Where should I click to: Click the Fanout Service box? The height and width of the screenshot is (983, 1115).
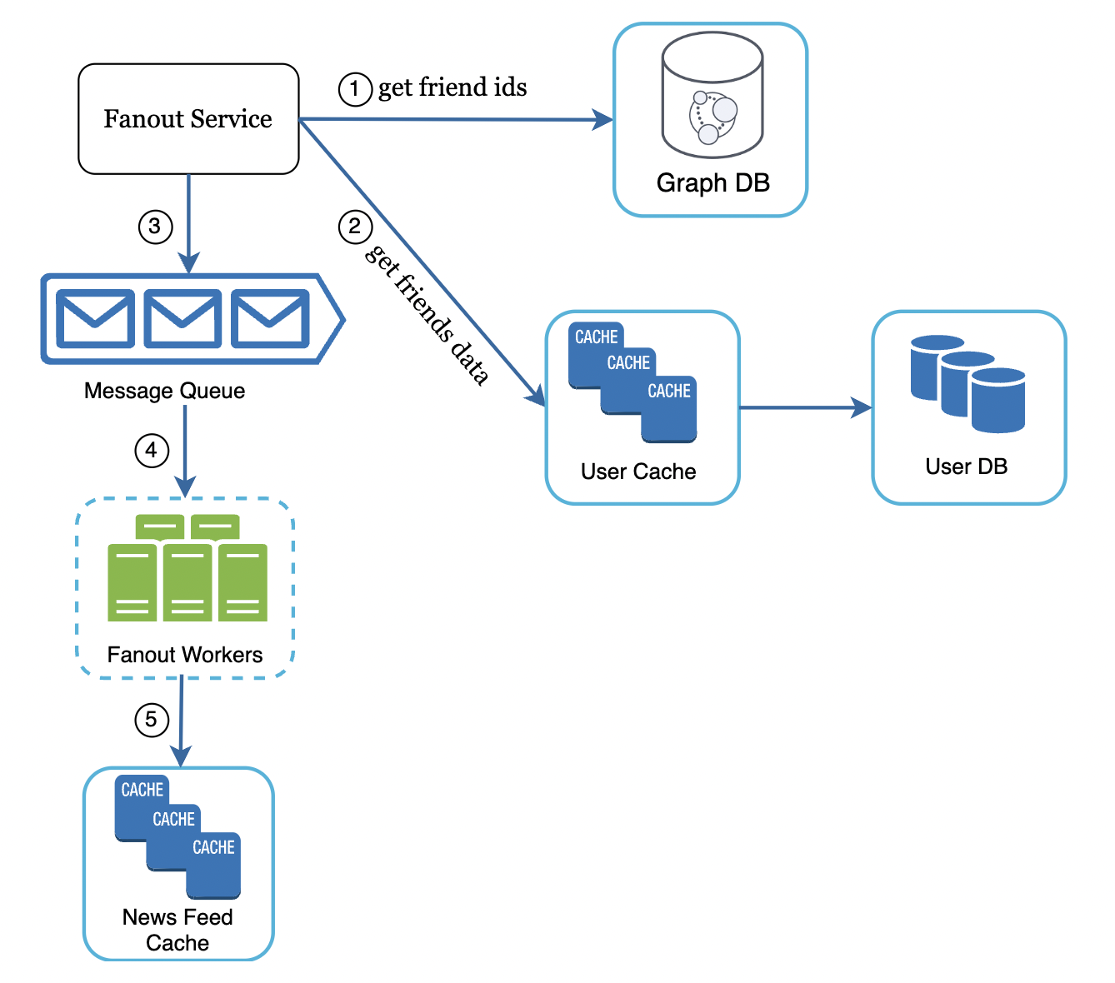(188, 119)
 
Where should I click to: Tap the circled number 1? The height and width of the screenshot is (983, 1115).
(354, 88)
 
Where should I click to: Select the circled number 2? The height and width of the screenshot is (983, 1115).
(354, 226)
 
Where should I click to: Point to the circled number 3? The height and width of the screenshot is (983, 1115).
(155, 226)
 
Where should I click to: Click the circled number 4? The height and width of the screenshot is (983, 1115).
(152, 451)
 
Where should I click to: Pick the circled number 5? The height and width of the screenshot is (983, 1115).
(152, 719)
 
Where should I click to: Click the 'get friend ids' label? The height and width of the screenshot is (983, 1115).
(452, 87)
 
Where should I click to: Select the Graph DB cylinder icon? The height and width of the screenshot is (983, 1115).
(712, 96)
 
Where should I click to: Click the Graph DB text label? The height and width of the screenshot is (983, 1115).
(712, 182)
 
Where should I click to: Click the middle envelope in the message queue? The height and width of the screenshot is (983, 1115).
(182, 318)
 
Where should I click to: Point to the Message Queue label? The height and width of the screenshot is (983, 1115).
(164, 391)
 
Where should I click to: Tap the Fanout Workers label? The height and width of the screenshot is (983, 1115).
(184, 655)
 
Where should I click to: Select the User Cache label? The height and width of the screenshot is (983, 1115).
(638, 472)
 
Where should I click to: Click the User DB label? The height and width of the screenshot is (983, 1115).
(966, 467)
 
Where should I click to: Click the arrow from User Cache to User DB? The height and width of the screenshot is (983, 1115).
(804, 407)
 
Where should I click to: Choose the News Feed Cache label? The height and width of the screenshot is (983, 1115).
(177, 930)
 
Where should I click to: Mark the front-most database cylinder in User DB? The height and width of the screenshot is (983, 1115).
(997, 402)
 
